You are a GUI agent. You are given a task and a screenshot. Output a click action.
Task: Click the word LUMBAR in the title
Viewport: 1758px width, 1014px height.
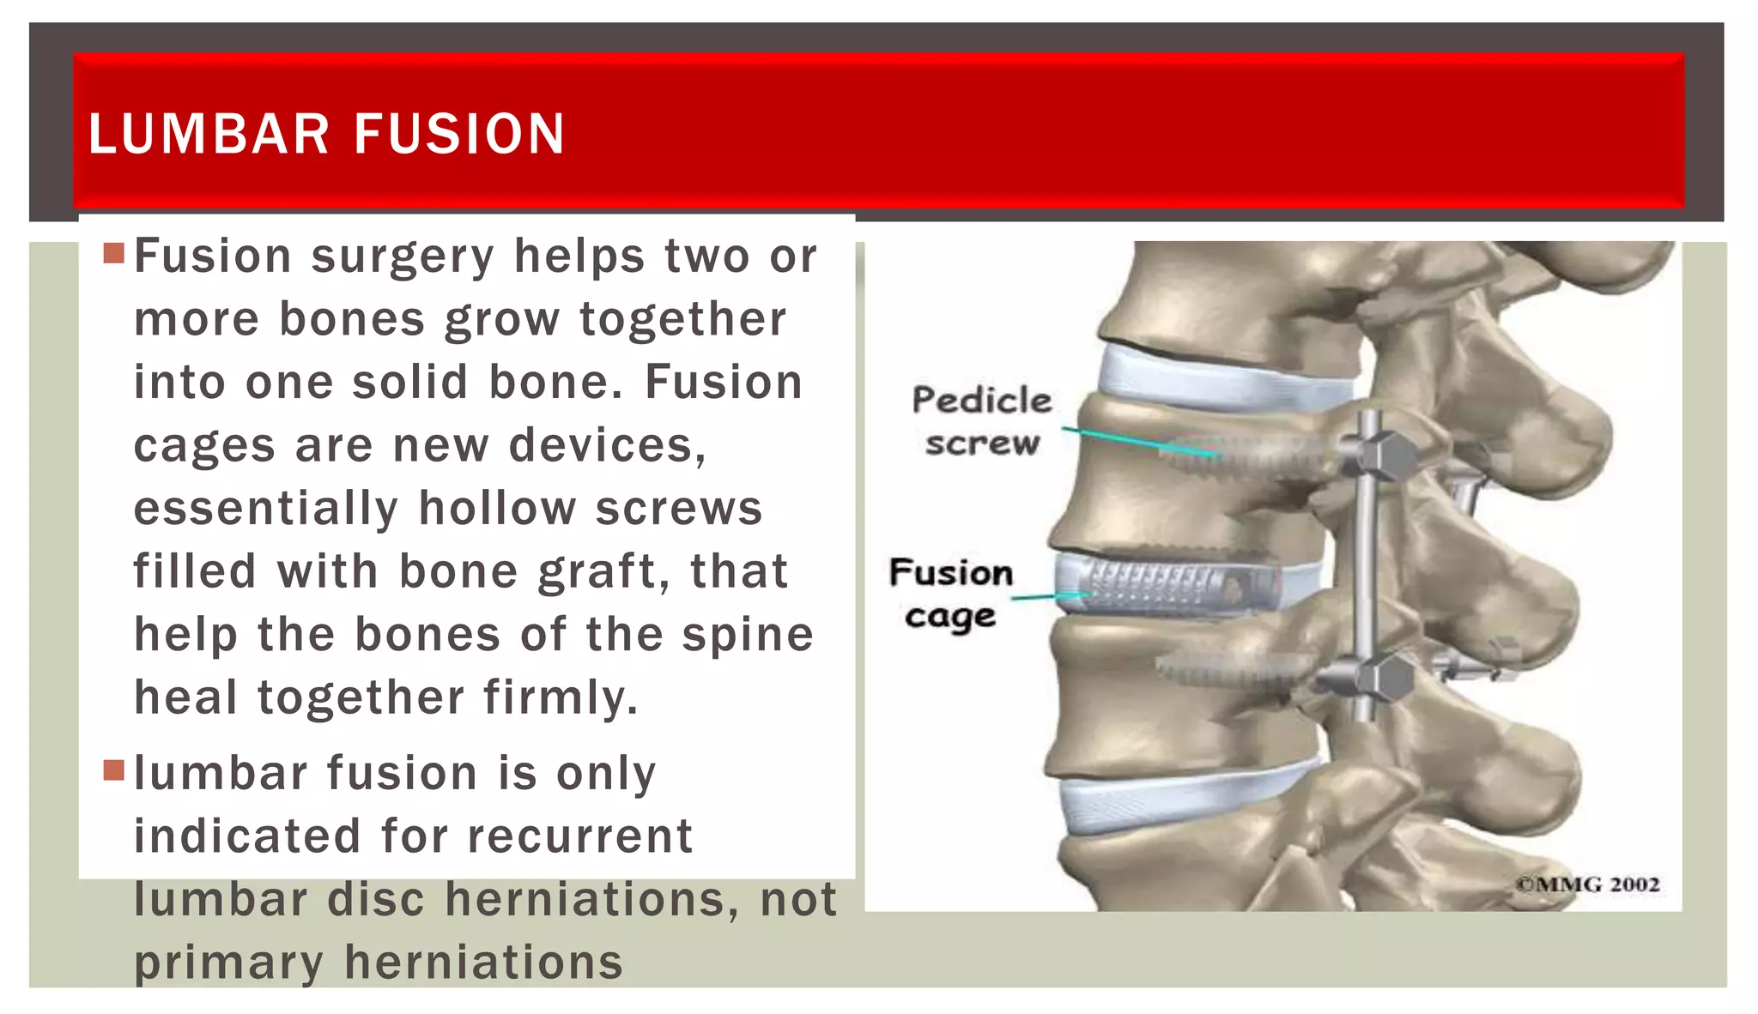tap(209, 135)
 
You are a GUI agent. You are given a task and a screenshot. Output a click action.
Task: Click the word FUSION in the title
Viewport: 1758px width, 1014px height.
tap(459, 135)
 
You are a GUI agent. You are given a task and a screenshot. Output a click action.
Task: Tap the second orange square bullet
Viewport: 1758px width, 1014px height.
tap(114, 770)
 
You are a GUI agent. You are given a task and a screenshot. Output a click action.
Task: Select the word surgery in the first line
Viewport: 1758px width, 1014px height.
tap(403, 257)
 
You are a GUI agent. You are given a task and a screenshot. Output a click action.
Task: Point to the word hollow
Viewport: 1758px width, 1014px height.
tap(497, 508)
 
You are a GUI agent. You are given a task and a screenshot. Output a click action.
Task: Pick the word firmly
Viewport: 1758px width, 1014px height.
tap(561, 697)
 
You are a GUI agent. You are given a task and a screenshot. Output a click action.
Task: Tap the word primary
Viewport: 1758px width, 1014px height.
tap(228, 962)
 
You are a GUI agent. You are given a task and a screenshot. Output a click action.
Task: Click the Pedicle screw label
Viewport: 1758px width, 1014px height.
tap(981, 421)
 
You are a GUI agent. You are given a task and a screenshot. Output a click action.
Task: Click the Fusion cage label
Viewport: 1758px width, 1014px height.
tap(951, 594)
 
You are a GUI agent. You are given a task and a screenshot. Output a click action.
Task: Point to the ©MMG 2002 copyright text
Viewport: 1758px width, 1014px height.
tap(1588, 884)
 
